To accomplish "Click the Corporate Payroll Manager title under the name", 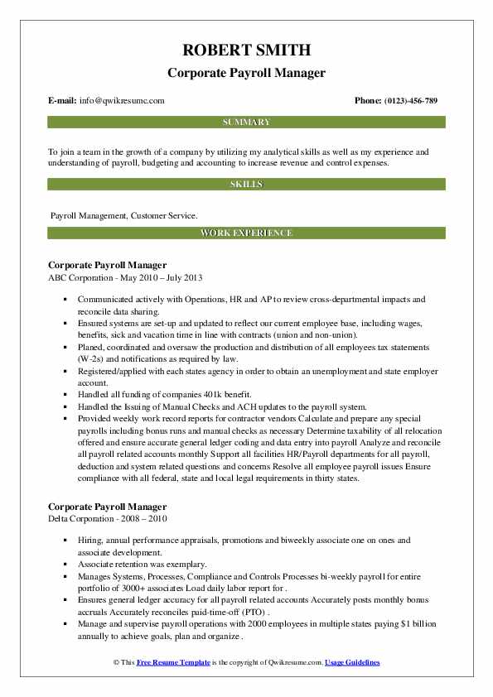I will coord(246,73).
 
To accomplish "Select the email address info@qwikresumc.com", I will coord(123,101).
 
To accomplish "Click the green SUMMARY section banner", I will coord(246,122).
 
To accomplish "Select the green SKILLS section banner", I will coord(246,185).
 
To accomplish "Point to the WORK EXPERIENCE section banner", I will coord(246,233).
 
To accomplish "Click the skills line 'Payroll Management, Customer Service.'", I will coord(123,215).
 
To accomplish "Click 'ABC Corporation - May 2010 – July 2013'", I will coord(125,278).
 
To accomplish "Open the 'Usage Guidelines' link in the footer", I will coord(352,663).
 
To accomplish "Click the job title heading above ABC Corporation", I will coord(108,266).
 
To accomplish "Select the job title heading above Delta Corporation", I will coord(108,506).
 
